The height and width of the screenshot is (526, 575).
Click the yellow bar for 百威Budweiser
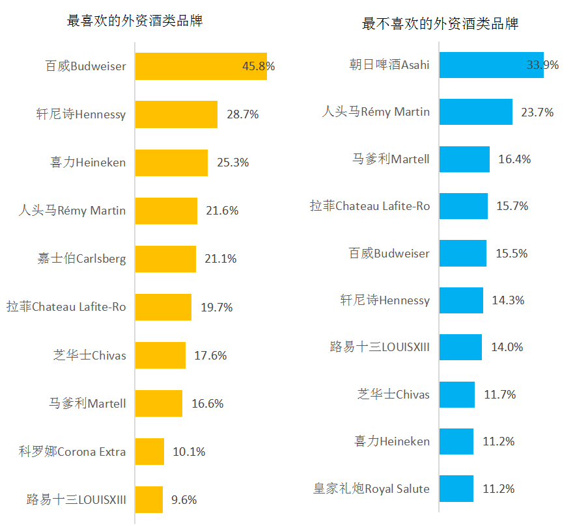201,66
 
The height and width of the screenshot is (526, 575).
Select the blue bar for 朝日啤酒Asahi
491,65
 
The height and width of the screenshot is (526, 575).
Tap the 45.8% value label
259,66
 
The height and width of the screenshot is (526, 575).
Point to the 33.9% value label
542,65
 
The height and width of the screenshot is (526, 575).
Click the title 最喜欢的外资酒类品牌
135,21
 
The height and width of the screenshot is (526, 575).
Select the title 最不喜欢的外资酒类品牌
440,25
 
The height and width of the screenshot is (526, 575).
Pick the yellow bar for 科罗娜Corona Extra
150,451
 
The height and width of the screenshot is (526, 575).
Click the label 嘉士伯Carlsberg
81,259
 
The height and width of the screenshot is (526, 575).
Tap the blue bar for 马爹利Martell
464,159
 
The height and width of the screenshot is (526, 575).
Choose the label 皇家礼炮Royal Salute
371,488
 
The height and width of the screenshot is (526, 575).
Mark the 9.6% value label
184,500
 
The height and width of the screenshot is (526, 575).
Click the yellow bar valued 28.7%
176,114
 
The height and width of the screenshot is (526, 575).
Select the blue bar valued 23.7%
476,112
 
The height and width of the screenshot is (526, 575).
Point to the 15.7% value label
512,206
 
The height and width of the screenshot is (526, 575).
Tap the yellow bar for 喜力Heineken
171,163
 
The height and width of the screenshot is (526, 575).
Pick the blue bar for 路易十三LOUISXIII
460,347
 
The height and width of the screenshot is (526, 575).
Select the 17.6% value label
210,356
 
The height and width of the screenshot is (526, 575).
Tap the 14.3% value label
508,300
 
